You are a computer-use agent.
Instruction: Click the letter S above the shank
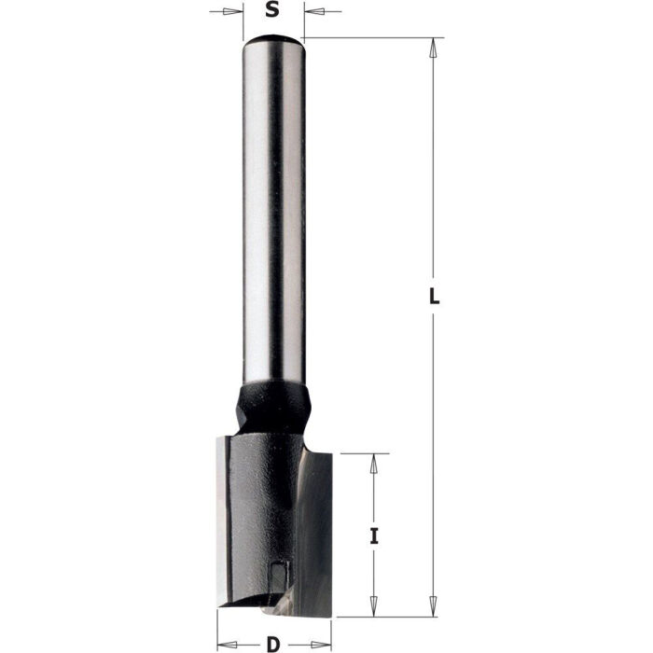click(x=271, y=11)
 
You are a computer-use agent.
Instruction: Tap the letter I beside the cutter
click(x=374, y=536)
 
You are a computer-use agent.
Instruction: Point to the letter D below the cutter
click(x=271, y=643)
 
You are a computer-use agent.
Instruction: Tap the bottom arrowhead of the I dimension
click(x=374, y=607)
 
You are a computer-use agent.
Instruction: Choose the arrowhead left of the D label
click(x=227, y=644)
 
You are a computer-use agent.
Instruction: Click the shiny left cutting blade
click(x=229, y=522)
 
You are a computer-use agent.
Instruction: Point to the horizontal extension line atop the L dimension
click(x=373, y=37)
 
